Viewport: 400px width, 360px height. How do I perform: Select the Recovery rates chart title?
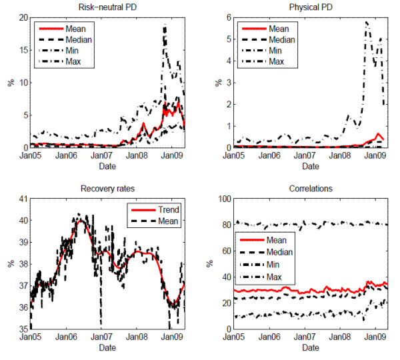(107, 189)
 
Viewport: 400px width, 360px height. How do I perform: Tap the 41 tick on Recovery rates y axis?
(23, 199)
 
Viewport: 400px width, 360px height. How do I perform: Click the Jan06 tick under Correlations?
(269, 338)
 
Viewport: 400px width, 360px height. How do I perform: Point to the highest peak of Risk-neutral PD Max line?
(164, 25)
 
